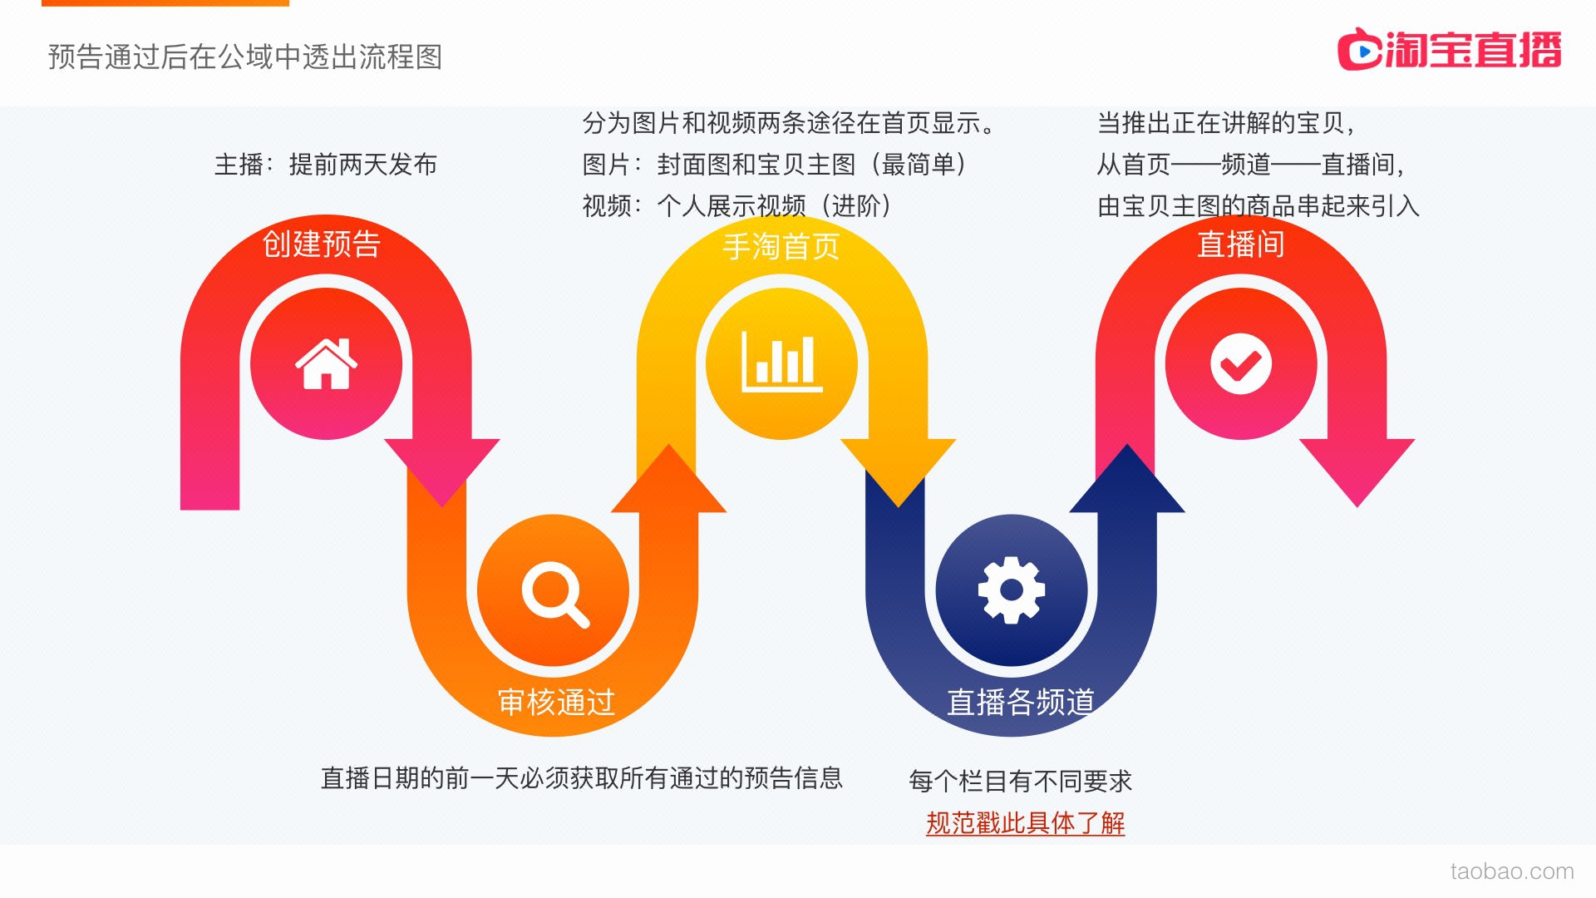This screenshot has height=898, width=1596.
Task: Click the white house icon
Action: pyautogui.click(x=326, y=363)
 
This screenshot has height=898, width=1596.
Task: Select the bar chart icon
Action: pyautogui.click(x=781, y=362)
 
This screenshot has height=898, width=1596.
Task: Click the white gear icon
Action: pyautogui.click(x=1011, y=590)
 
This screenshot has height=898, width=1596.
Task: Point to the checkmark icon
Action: pyautogui.click(x=1240, y=363)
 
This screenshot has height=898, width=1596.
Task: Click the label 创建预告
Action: pyautogui.click(x=321, y=244)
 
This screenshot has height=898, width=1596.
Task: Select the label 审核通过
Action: pyautogui.click(x=556, y=702)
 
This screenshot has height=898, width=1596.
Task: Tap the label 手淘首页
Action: pyautogui.click(x=781, y=246)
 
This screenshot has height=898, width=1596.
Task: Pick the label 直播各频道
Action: pyautogui.click(x=1021, y=702)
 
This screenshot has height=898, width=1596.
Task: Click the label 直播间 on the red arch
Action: pyautogui.click(x=1240, y=244)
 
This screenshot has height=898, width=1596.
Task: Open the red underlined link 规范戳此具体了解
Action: pyautogui.click(x=1025, y=822)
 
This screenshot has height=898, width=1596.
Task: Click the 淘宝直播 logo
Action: pyautogui.click(x=1449, y=49)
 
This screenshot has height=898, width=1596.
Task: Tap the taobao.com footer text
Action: pyautogui.click(x=1512, y=871)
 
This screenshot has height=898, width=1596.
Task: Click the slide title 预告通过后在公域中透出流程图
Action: pyautogui.click(x=245, y=57)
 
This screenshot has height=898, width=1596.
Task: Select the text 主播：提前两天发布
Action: pyautogui.click(x=326, y=165)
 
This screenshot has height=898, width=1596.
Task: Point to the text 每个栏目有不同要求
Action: pyautogui.click(x=1021, y=781)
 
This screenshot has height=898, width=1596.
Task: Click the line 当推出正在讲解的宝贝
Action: pyautogui.click(x=1226, y=123)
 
